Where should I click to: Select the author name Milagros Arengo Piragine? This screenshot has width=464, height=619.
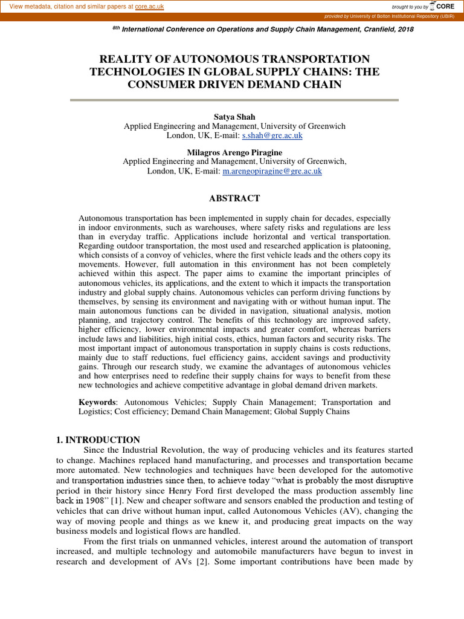234,152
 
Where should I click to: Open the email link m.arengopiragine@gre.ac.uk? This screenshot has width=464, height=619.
272,172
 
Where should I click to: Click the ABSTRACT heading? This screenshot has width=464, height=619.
234,198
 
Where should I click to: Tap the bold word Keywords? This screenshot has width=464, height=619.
97,402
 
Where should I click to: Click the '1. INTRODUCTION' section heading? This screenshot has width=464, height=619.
98,439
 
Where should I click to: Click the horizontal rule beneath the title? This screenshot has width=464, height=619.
234,99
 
